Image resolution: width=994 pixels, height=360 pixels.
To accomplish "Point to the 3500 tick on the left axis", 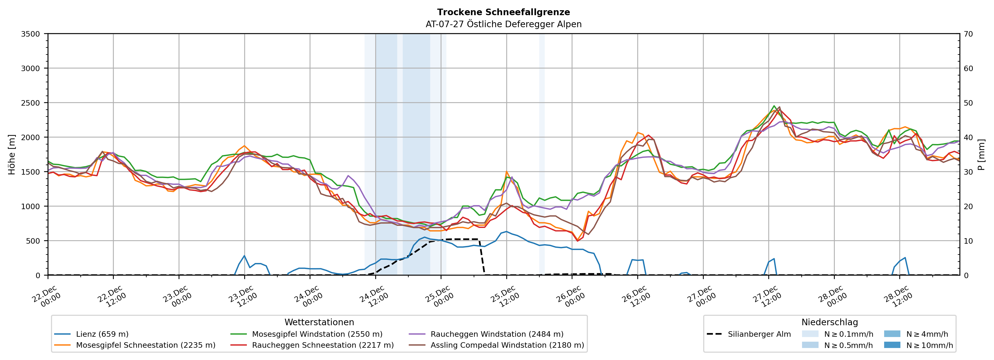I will click(31, 34).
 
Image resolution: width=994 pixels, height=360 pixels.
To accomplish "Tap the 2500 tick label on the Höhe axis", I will click(31, 103).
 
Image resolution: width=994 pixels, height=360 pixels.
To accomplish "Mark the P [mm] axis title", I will click(981, 154).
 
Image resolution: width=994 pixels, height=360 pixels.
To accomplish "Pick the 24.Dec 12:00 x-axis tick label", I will click(373, 296).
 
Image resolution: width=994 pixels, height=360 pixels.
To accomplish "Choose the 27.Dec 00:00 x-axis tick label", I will click(701, 296).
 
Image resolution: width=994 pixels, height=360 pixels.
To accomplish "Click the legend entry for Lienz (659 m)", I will click(102, 334).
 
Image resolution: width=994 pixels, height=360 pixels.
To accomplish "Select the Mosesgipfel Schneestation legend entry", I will click(145, 345).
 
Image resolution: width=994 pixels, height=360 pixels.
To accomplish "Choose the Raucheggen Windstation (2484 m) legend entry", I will click(497, 334).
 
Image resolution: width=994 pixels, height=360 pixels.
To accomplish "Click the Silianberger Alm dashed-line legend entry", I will click(759, 334).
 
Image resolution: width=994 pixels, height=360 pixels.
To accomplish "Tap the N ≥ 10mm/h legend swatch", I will click(892, 345).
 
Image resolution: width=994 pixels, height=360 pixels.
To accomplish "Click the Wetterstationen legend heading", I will click(319, 322).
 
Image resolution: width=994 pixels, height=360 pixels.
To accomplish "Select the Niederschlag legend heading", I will click(830, 322).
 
